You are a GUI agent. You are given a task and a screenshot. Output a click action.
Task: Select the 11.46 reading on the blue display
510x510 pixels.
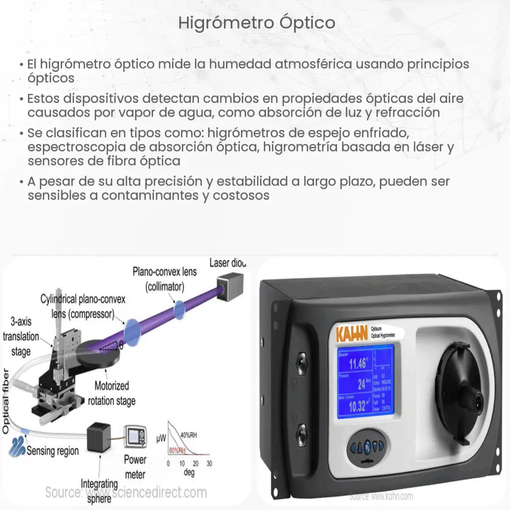click(357, 364)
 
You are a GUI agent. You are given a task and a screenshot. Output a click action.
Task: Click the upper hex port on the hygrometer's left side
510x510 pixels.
click(302, 363)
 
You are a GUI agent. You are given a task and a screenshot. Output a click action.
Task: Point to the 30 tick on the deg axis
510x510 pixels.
click(208, 463)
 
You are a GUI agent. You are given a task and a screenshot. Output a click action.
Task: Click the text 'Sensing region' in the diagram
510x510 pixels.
click(53, 450)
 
